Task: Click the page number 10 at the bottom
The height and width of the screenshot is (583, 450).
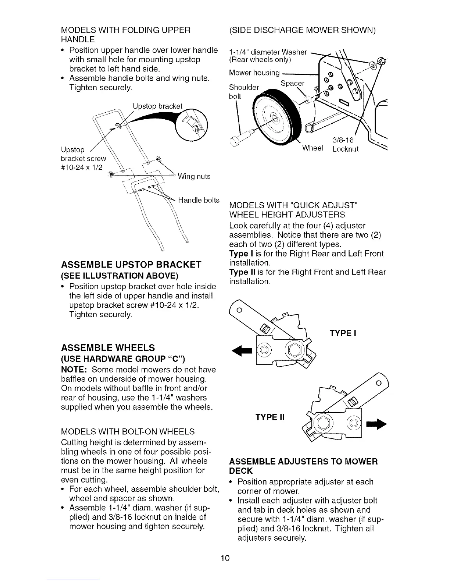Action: click(x=225, y=558)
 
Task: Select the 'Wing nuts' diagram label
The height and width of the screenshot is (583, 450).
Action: click(x=194, y=177)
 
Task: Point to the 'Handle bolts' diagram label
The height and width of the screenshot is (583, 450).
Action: click(x=199, y=201)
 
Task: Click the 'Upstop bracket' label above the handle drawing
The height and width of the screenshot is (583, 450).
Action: click(x=158, y=106)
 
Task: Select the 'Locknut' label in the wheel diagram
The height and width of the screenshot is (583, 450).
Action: click(x=345, y=149)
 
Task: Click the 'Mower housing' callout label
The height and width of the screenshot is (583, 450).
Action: click(x=254, y=73)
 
